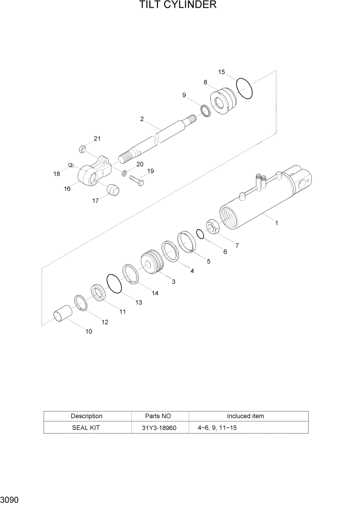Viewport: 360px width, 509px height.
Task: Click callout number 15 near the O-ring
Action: tap(221, 72)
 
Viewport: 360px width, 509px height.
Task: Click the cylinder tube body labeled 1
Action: tap(256, 205)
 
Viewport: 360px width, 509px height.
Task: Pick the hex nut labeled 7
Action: tap(213, 226)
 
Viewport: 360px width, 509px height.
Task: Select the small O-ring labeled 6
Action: tap(201, 234)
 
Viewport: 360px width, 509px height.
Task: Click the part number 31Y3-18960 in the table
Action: tap(159, 427)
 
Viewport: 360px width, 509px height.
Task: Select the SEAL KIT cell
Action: tap(86, 427)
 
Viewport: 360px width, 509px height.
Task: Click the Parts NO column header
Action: tap(159, 416)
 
